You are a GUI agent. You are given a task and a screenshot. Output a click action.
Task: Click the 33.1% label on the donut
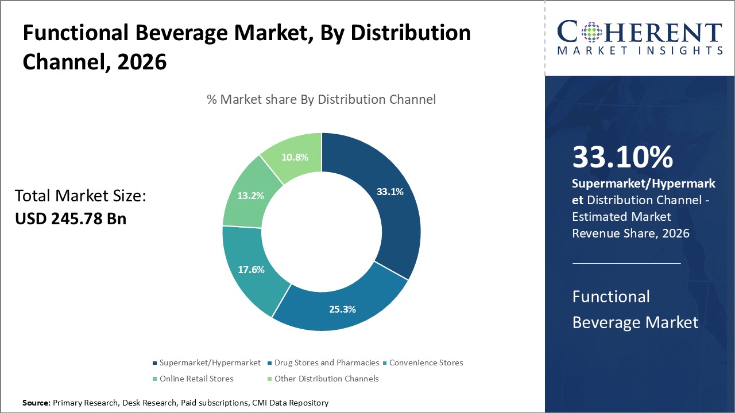[x=390, y=192]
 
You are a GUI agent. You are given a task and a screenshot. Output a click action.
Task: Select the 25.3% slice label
[x=342, y=309]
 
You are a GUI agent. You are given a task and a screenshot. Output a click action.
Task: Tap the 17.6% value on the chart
[x=251, y=270]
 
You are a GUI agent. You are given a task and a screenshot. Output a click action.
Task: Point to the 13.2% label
[x=251, y=196]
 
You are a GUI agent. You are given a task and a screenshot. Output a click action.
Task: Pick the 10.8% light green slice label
[x=293, y=157]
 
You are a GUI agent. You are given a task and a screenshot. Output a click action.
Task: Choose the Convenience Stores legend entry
[x=425, y=363]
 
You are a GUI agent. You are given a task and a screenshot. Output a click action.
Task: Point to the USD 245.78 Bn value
[x=71, y=219]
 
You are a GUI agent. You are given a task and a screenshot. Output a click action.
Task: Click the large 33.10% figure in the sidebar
[x=622, y=157]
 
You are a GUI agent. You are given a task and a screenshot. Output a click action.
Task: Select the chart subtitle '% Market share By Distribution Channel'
[x=321, y=99]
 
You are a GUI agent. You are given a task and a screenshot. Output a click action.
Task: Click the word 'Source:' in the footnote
[x=36, y=403]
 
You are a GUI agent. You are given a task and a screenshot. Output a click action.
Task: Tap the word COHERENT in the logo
[x=640, y=32]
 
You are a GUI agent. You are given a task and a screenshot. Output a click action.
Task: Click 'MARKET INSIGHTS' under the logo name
[x=640, y=50]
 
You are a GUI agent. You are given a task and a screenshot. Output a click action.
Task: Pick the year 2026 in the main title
[x=141, y=62]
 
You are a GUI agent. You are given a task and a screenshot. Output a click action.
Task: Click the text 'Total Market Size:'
[x=81, y=196]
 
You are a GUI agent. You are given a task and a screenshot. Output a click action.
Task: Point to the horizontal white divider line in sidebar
[x=626, y=263]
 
